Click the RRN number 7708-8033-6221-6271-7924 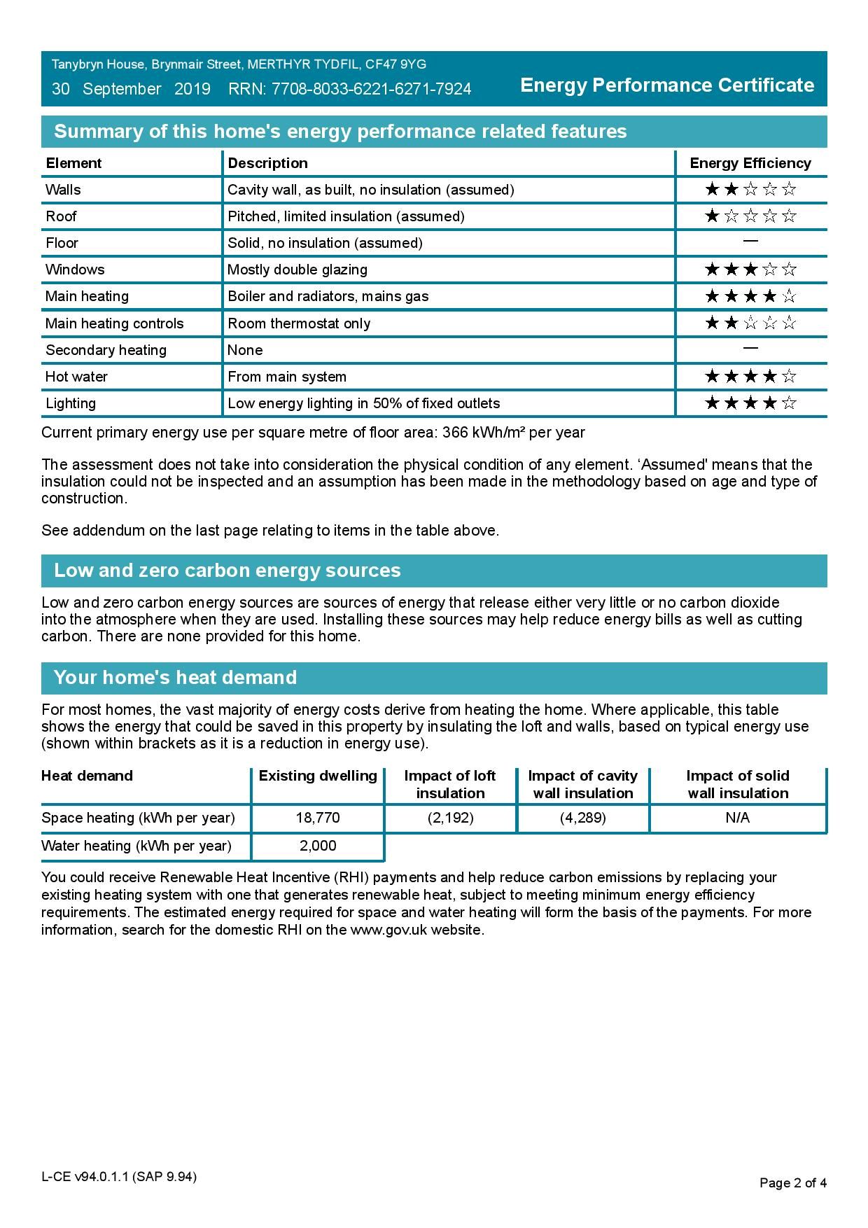tap(371, 89)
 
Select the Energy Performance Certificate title tap(667, 85)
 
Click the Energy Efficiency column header tap(750, 163)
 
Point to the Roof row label tap(61, 216)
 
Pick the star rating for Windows tap(750, 270)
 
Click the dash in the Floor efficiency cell tap(750, 242)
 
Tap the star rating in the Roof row tap(750, 216)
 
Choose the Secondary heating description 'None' tap(245, 350)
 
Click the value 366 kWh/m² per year tap(513, 433)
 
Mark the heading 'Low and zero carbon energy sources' tap(227, 571)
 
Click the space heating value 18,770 tap(317, 818)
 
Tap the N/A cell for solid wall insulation tap(737, 818)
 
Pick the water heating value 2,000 tap(318, 846)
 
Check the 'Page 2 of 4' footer tap(792, 1183)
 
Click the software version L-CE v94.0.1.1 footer tap(118, 1177)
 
